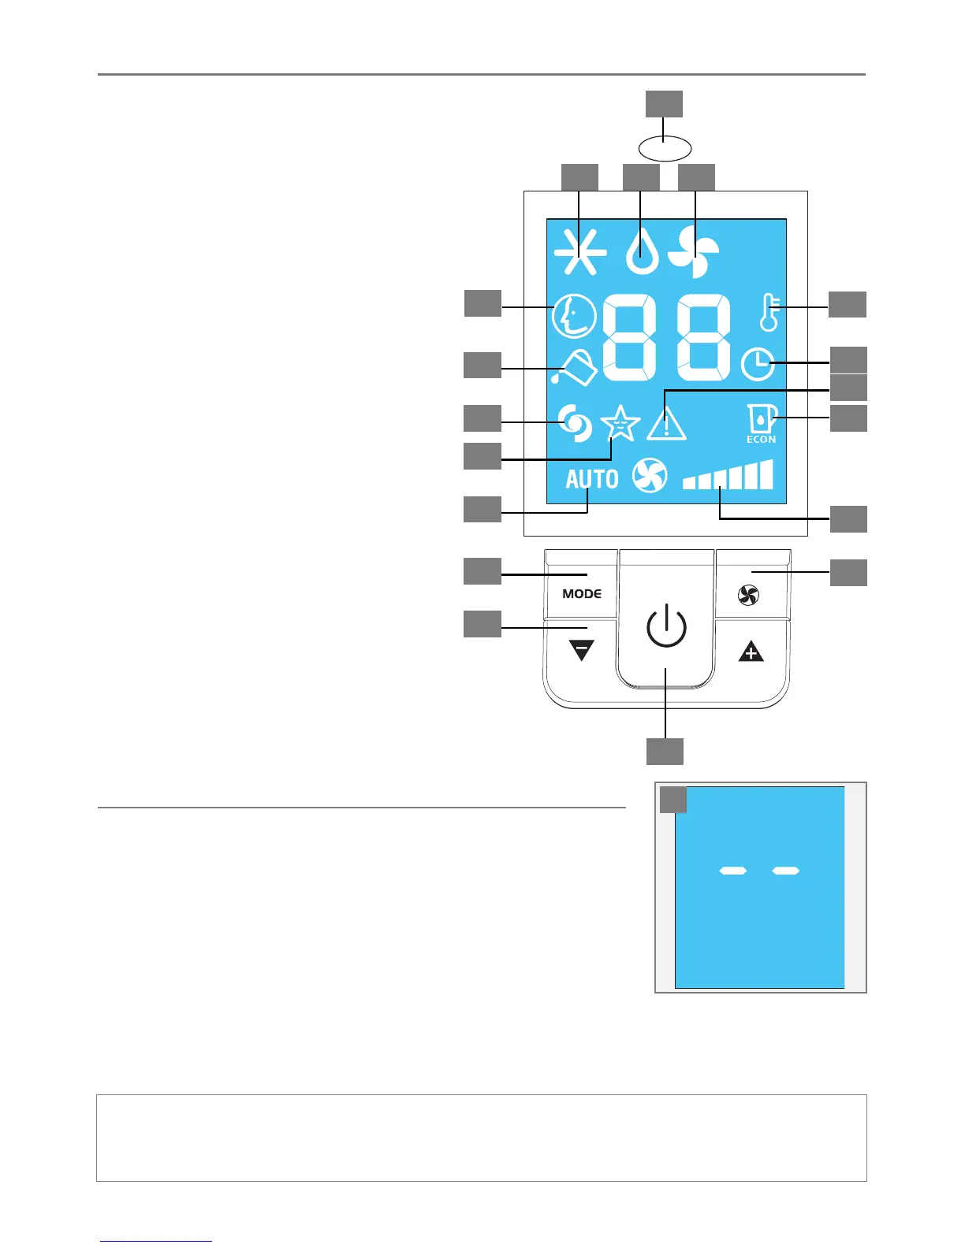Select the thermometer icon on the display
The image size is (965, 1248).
[769, 313]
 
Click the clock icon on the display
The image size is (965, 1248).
[758, 364]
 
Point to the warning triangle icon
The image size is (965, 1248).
[667, 424]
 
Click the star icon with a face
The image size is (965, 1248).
[620, 424]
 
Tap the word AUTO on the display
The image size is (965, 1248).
[591, 478]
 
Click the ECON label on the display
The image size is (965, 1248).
[761, 440]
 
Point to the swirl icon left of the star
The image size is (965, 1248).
[575, 423]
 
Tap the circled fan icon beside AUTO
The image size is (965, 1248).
[650, 476]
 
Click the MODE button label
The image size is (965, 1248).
[582, 593]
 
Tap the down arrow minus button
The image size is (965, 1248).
[581, 651]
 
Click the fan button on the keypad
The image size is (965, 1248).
[749, 596]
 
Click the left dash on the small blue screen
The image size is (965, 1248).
[733, 871]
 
